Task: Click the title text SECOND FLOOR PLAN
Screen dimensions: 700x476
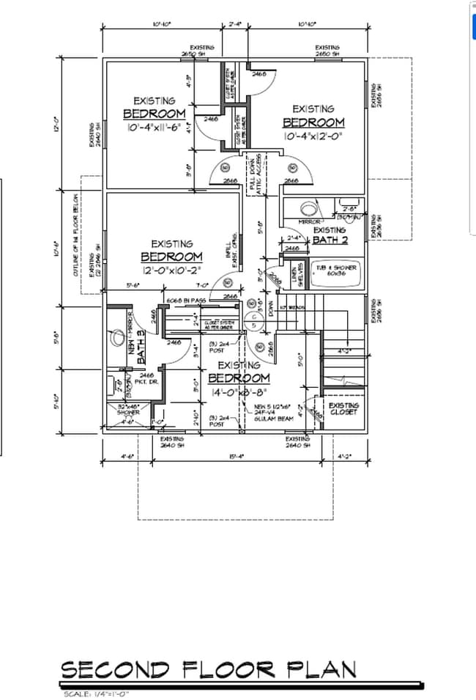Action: click(209, 668)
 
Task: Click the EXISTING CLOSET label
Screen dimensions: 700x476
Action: click(343, 409)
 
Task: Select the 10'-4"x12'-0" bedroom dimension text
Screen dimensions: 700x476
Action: click(313, 136)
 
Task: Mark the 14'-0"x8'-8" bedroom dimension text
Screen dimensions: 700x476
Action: click(239, 392)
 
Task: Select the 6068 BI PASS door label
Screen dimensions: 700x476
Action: click(185, 301)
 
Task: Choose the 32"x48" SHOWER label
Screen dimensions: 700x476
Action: click(128, 409)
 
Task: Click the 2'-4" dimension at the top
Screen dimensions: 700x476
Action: click(235, 23)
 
